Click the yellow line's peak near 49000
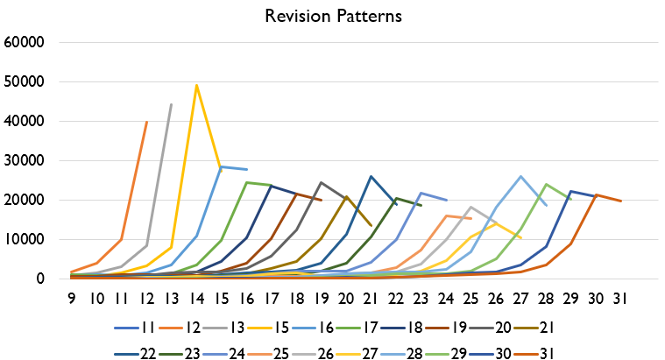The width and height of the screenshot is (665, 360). pyautogui.click(x=196, y=85)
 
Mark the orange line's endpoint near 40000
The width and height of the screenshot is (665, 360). pyautogui.click(x=146, y=122)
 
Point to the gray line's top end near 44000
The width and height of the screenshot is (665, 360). pyautogui.click(x=171, y=104)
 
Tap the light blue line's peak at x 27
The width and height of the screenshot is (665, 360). pyautogui.click(x=521, y=176)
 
